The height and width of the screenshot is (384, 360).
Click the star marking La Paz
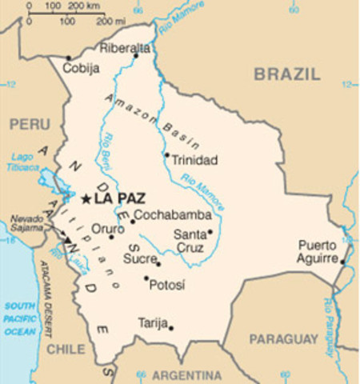(x=85, y=197)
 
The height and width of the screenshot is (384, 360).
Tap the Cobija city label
(x=82, y=69)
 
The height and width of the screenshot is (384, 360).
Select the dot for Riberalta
(x=136, y=55)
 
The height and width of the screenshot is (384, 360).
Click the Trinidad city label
(x=194, y=160)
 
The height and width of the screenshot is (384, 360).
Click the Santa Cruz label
(x=190, y=241)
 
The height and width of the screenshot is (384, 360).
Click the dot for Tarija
(x=170, y=326)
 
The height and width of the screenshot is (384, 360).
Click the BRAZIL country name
(x=287, y=74)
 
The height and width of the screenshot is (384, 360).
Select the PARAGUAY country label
(x=283, y=340)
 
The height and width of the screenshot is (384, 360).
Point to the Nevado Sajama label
(x=26, y=222)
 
